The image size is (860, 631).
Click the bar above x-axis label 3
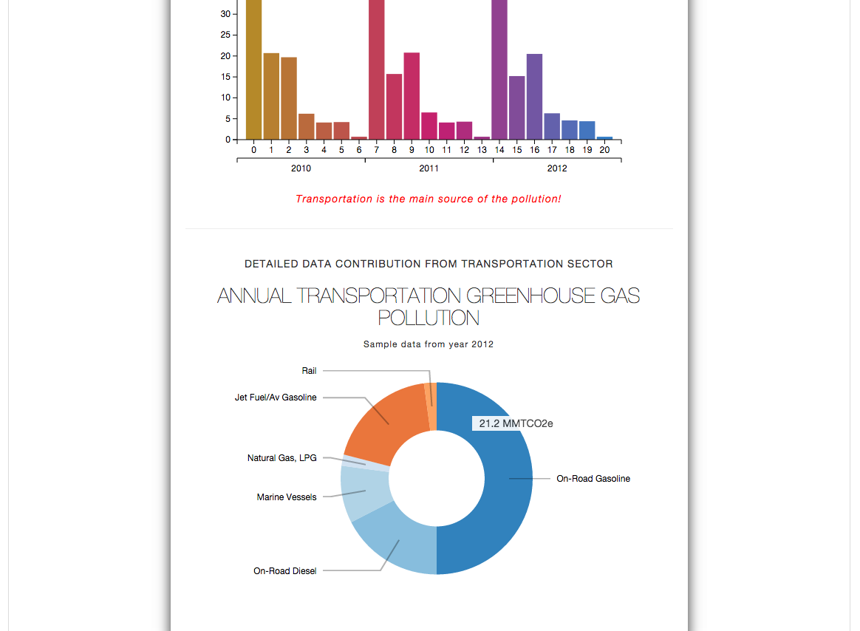pyautogui.click(x=306, y=126)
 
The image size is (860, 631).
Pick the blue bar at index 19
pyautogui.click(x=587, y=130)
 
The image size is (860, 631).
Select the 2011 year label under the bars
pyautogui.click(x=429, y=168)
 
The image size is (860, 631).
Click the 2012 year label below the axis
pyautogui.click(x=557, y=168)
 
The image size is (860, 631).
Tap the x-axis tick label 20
pyautogui.click(x=604, y=150)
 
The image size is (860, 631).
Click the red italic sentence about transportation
pyautogui.click(x=429, y=199)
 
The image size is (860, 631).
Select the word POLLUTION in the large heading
pyautogui.click(x=429, y=318)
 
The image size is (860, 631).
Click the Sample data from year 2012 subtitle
pyautogui.click(x=429, y=344)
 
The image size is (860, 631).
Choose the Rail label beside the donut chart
pyautogui.click(x=309, y=371)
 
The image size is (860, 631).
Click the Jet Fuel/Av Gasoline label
pyautogui.click(x=276, y=398)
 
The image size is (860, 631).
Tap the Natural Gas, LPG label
pyautogui.click(x=281, y=458)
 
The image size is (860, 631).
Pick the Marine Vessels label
pyautogui.click(x=287, y=497)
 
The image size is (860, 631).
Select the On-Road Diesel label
pyautogui.click(x=284, y=571)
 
